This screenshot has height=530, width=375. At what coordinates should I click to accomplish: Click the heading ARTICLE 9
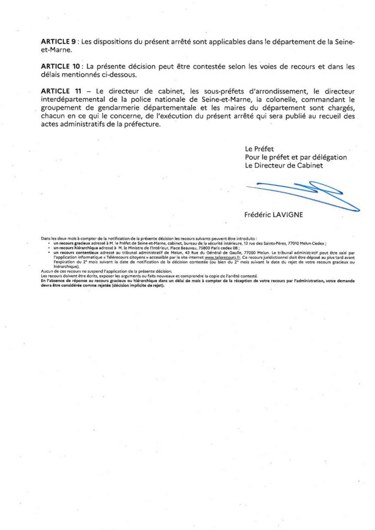tap(59, 42)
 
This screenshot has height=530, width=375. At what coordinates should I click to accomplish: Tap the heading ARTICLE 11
tap(60, 91)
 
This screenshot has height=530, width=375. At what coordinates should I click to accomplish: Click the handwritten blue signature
tap(301, 194)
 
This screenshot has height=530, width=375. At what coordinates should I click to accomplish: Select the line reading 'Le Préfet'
tap(259, 149)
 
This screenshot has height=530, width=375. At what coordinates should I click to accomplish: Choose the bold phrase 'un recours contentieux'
tap(74, 254)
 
